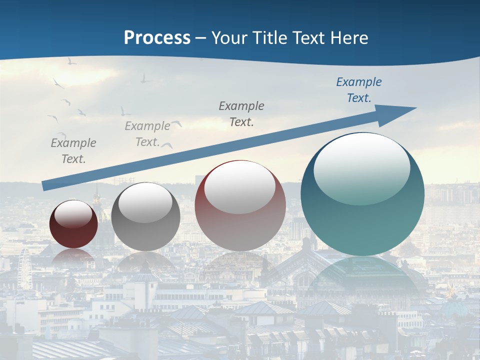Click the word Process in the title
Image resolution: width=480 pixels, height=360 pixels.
157,38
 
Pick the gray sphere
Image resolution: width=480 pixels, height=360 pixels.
145,216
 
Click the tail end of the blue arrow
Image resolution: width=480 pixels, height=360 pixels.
46,185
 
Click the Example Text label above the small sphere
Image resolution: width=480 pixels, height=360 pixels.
73,151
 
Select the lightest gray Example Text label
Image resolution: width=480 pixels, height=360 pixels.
147,134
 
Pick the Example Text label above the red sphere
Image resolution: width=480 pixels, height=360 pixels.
241,113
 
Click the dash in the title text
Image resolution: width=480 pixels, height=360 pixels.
201,38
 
